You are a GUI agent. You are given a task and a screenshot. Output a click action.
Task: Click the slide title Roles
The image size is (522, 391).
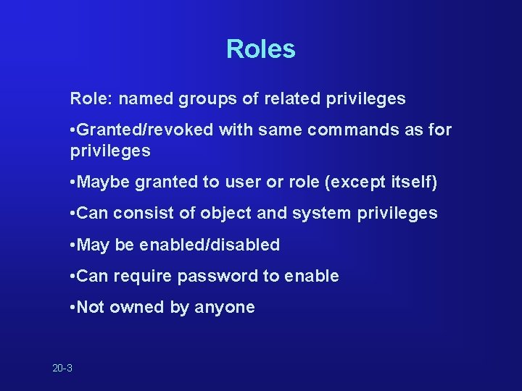tap(260, 49)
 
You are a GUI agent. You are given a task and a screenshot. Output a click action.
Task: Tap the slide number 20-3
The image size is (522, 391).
tap(62, 369)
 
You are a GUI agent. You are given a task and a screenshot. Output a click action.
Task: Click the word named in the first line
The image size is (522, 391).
tap(143, 98)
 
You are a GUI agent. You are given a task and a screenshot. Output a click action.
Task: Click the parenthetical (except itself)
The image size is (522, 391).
tap(383, 182)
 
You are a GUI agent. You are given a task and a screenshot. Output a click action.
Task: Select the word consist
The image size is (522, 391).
tap(140, 214)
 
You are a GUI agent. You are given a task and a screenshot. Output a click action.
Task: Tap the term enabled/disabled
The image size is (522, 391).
tap(210, 245)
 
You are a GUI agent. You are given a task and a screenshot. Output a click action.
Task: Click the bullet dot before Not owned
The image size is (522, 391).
tap(72, 308)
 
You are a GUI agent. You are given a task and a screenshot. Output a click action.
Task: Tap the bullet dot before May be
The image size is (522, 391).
tap(72, 245)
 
